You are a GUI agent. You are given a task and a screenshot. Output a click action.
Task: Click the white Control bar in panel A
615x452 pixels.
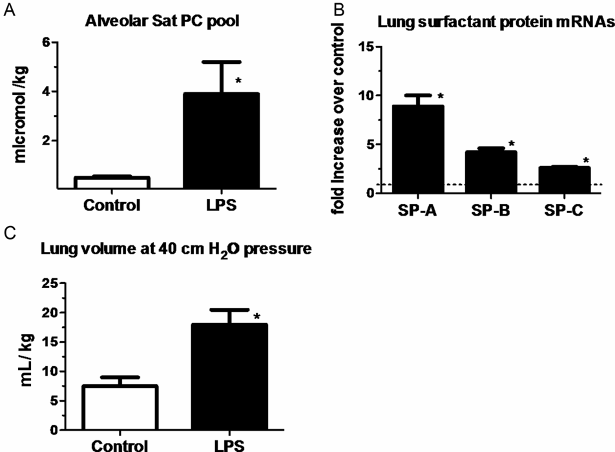click(x=112, y=182)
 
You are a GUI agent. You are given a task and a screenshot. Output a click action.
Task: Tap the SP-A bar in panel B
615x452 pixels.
click(x=419, y=149)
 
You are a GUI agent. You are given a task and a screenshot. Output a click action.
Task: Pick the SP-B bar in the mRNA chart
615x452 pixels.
click(x=492, y=172)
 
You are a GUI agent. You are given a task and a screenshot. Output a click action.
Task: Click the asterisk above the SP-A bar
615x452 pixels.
click(x=441, y=97)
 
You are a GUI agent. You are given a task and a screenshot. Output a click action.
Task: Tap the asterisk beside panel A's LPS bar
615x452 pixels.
click(x=238, y=81)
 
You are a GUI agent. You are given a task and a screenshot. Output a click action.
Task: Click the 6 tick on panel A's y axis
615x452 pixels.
click(x=46, y=43)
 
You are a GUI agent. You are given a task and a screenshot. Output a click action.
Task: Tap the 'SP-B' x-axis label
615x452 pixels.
click(x=492, y=211)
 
